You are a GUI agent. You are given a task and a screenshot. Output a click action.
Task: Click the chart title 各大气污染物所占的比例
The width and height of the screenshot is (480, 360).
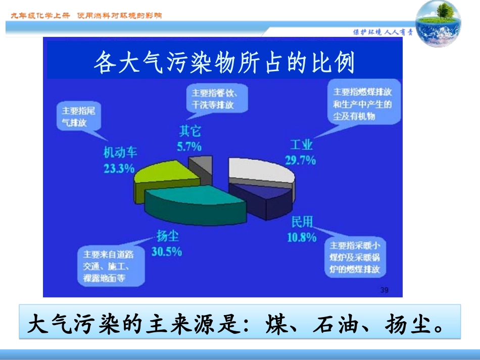click(x=225, y=64)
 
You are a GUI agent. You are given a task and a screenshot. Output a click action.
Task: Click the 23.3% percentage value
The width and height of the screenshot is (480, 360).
click(x=119, y=168)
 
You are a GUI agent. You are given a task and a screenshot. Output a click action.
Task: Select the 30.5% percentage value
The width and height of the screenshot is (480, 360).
click(x=166, y=251)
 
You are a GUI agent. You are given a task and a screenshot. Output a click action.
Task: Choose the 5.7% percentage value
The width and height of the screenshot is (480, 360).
click(x=189, y=147)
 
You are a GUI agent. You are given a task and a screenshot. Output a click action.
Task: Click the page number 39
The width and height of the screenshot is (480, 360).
click(x=383, y=290)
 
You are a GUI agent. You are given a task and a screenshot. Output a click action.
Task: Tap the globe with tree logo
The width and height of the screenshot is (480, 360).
click(x=438, y=23)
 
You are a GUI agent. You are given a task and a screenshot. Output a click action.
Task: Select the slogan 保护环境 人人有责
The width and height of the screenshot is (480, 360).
click(x=382, y=32)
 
